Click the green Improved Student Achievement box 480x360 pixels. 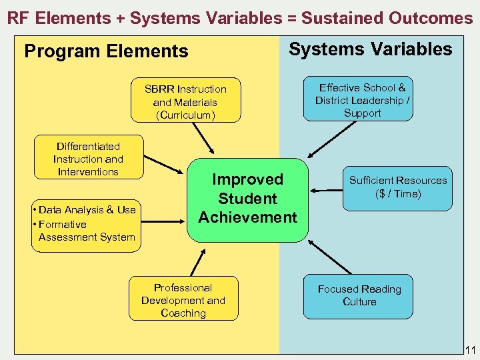click(247, 199)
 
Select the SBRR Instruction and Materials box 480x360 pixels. click(185, 101)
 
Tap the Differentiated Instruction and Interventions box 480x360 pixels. click(88, 159)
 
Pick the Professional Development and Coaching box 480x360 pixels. click(183, 300)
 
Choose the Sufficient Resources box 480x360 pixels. click(398, 187)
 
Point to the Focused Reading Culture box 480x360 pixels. click(359, 295)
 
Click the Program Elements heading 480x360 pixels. click(106, 51)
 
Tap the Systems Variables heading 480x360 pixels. click(370, 49)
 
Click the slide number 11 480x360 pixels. click(469, 350)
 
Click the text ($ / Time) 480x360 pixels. click(398, 194)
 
